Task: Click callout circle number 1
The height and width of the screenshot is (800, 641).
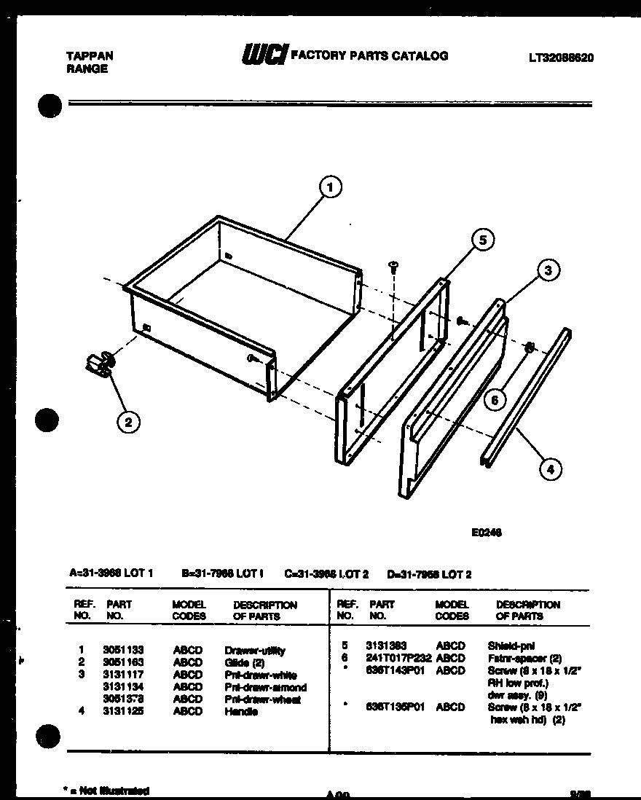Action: click(330, 188)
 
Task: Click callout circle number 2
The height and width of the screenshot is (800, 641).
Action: click(129, 421)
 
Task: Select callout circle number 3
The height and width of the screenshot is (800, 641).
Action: click(548, 270)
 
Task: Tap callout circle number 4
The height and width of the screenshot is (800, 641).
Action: click(550, 470)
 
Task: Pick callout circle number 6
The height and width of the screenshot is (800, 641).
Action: click(494, 399)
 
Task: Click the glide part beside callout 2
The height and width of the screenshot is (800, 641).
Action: click(100, 362)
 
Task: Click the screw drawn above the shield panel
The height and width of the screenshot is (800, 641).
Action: click(393, 267)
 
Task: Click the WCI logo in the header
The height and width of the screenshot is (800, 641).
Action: click(263, 55)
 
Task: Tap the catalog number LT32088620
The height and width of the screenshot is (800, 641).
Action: click(560, 58)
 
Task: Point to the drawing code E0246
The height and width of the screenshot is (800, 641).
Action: click(487, 532)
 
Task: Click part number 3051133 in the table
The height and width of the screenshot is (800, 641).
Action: click(123, 651)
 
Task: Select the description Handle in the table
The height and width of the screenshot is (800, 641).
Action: click(241, 712)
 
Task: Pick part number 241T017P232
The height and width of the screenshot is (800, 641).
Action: click(398, 657)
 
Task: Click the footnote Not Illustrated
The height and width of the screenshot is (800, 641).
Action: click(107, 791)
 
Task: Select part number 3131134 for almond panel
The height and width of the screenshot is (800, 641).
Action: click(123, 687)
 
